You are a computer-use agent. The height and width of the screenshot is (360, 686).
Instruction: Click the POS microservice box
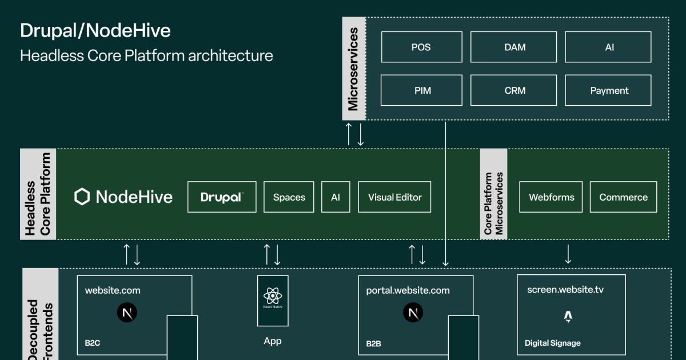click(421, 47)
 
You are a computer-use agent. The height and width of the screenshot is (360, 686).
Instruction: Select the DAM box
click(513, 47)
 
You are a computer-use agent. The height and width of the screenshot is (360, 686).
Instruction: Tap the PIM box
click(421, 90)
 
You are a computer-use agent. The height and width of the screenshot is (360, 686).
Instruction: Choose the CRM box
click(513, 90)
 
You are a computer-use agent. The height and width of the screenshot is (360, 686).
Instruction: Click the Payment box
click(608, 90)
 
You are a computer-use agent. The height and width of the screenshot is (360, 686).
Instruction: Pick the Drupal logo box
click(222, 197)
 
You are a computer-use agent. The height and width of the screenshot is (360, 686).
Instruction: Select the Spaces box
click(289, 197)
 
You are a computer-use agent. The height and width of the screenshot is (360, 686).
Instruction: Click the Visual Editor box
click(394, 197)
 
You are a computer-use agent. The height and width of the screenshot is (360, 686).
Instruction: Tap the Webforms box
click(551, 197)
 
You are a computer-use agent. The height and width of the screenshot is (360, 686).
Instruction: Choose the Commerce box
click(623, 197)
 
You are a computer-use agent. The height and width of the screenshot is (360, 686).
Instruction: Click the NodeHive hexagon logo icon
click(82, 197)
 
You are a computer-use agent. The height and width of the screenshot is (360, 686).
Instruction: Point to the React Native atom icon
click(273, 295)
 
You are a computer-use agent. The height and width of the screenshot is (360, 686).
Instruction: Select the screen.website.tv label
click(565, 290)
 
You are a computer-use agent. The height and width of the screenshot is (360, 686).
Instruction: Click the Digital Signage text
click(552, 343)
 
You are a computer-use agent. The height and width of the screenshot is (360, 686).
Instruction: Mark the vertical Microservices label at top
click(353, 69)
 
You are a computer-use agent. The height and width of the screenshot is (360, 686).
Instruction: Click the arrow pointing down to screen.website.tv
click(568, 254)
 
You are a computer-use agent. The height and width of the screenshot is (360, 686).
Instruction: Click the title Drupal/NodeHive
click(95, 30)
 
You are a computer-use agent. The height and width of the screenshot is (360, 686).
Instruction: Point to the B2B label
click(373, 344)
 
